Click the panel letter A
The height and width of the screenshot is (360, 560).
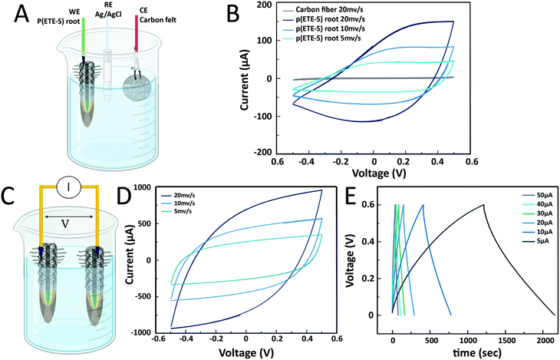click(14, 15)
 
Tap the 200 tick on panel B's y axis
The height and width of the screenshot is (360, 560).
click(271, 5)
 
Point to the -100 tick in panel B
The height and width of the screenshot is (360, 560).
click(269, 117)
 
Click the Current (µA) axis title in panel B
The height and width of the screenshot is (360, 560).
click(245, 79)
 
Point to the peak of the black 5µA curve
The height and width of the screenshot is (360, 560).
click(483, 204)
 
